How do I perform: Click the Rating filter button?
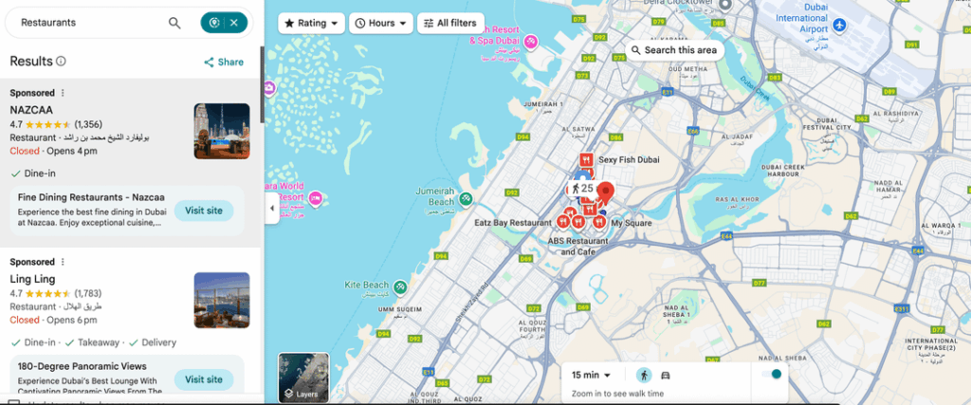pyautogui.click(x=310, y=23)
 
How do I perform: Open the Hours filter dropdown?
pyautogui.click(x=381, y=23)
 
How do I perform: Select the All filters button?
pyautogui.click(x=450, y=23)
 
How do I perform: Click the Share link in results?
pyautogui.click(x=224, y=62)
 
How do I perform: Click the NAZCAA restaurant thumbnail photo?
pyautogui.click(x=222, y=131)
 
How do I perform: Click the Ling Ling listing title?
pyautogui.click(x=32, y=279)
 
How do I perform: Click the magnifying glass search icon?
pyautogui.click(x=174, y=23)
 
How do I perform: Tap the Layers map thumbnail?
pyautogui.click(x=303, y=377)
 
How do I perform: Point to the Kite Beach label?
pyautogui.click(x=366, y=285)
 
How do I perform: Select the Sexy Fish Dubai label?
pyautogui.click(x=628, y=159)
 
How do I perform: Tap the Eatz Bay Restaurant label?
pyautogui.click(x=512, y=222)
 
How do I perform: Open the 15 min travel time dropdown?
pyautogui.click(x=591, y=375)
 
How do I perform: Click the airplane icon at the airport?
pyautogui.click(x=840, y=23)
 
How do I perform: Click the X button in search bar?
pyautogui.click(x=234, y=23)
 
